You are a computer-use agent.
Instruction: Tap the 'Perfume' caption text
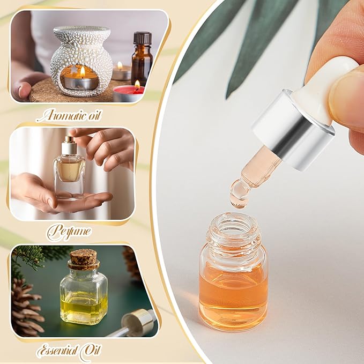tap(68, 232)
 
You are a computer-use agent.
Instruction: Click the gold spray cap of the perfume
tap(69, 145)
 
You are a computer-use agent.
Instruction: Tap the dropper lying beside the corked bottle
tap(131, 324)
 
